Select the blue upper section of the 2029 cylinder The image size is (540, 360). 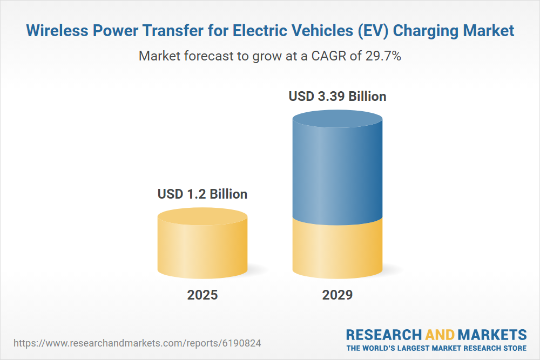click(x=337, y=173)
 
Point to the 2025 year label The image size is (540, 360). click(x=202, y=295)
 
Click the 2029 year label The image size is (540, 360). click(x=337, y=295)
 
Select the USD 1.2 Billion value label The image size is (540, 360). click(x=202, y=194)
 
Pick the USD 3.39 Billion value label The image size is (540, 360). click(x=337, y=97)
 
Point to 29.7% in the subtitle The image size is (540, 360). click(x=382, y=56)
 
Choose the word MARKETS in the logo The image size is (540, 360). click(x=492, y=335)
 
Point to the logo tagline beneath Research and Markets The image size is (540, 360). click(x=436, y=348)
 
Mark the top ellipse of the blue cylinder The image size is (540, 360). click(x=337, y=121)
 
